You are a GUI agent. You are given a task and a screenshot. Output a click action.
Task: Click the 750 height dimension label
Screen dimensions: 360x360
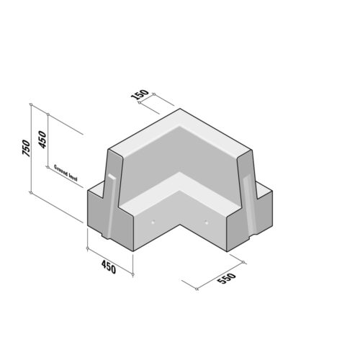(x=26, y=148)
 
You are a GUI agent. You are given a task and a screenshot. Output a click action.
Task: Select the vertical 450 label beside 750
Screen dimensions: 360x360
(x=42, y=140)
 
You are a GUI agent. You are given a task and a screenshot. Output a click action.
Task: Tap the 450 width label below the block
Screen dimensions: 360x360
(x=108, y=269)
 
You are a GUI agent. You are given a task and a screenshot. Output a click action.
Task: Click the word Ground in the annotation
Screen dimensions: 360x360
(x=61, y=170)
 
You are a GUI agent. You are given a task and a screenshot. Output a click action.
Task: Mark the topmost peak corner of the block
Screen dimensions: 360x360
(x=180, y=109)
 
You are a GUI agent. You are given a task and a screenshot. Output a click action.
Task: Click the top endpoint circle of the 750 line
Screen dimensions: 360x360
(x=31, y=104)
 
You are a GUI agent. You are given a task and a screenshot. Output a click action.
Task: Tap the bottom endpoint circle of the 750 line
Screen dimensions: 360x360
(x=31, y=192)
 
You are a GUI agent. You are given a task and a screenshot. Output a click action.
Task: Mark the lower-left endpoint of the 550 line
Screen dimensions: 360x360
(x=197, y=290)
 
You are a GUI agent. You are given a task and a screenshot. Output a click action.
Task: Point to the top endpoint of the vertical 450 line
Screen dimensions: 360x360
(x=47, y=113)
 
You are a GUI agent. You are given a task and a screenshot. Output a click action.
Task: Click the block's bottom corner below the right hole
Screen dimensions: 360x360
(x=227, y=251)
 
